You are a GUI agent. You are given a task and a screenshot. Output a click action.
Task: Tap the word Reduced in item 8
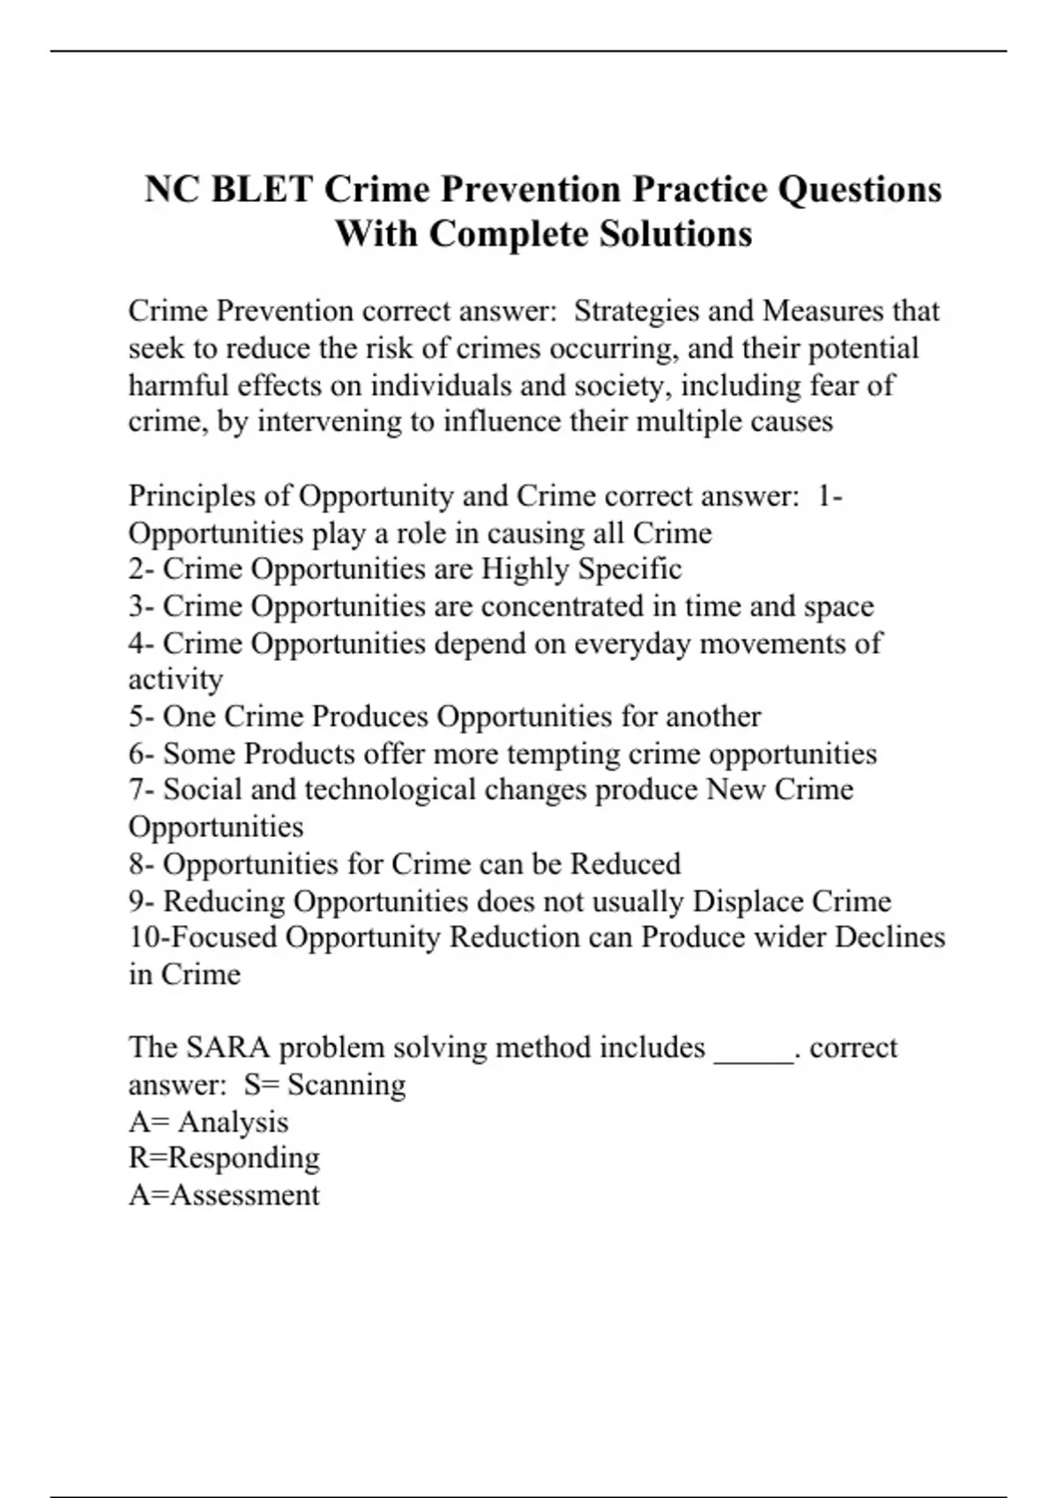626,864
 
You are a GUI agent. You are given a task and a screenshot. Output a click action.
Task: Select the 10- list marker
145,937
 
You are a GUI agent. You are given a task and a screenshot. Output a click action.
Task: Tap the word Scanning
346,1084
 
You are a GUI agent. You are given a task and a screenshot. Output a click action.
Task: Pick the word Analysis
233,1122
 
